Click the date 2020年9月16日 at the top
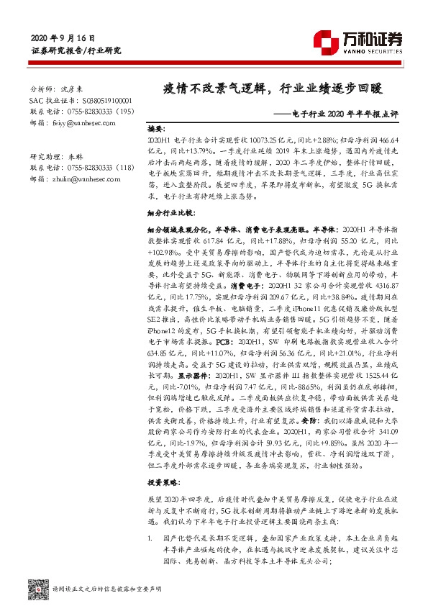pyautogui.click(x=63, y=38)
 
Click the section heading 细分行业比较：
pyautogui.click(x=170, y=214)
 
